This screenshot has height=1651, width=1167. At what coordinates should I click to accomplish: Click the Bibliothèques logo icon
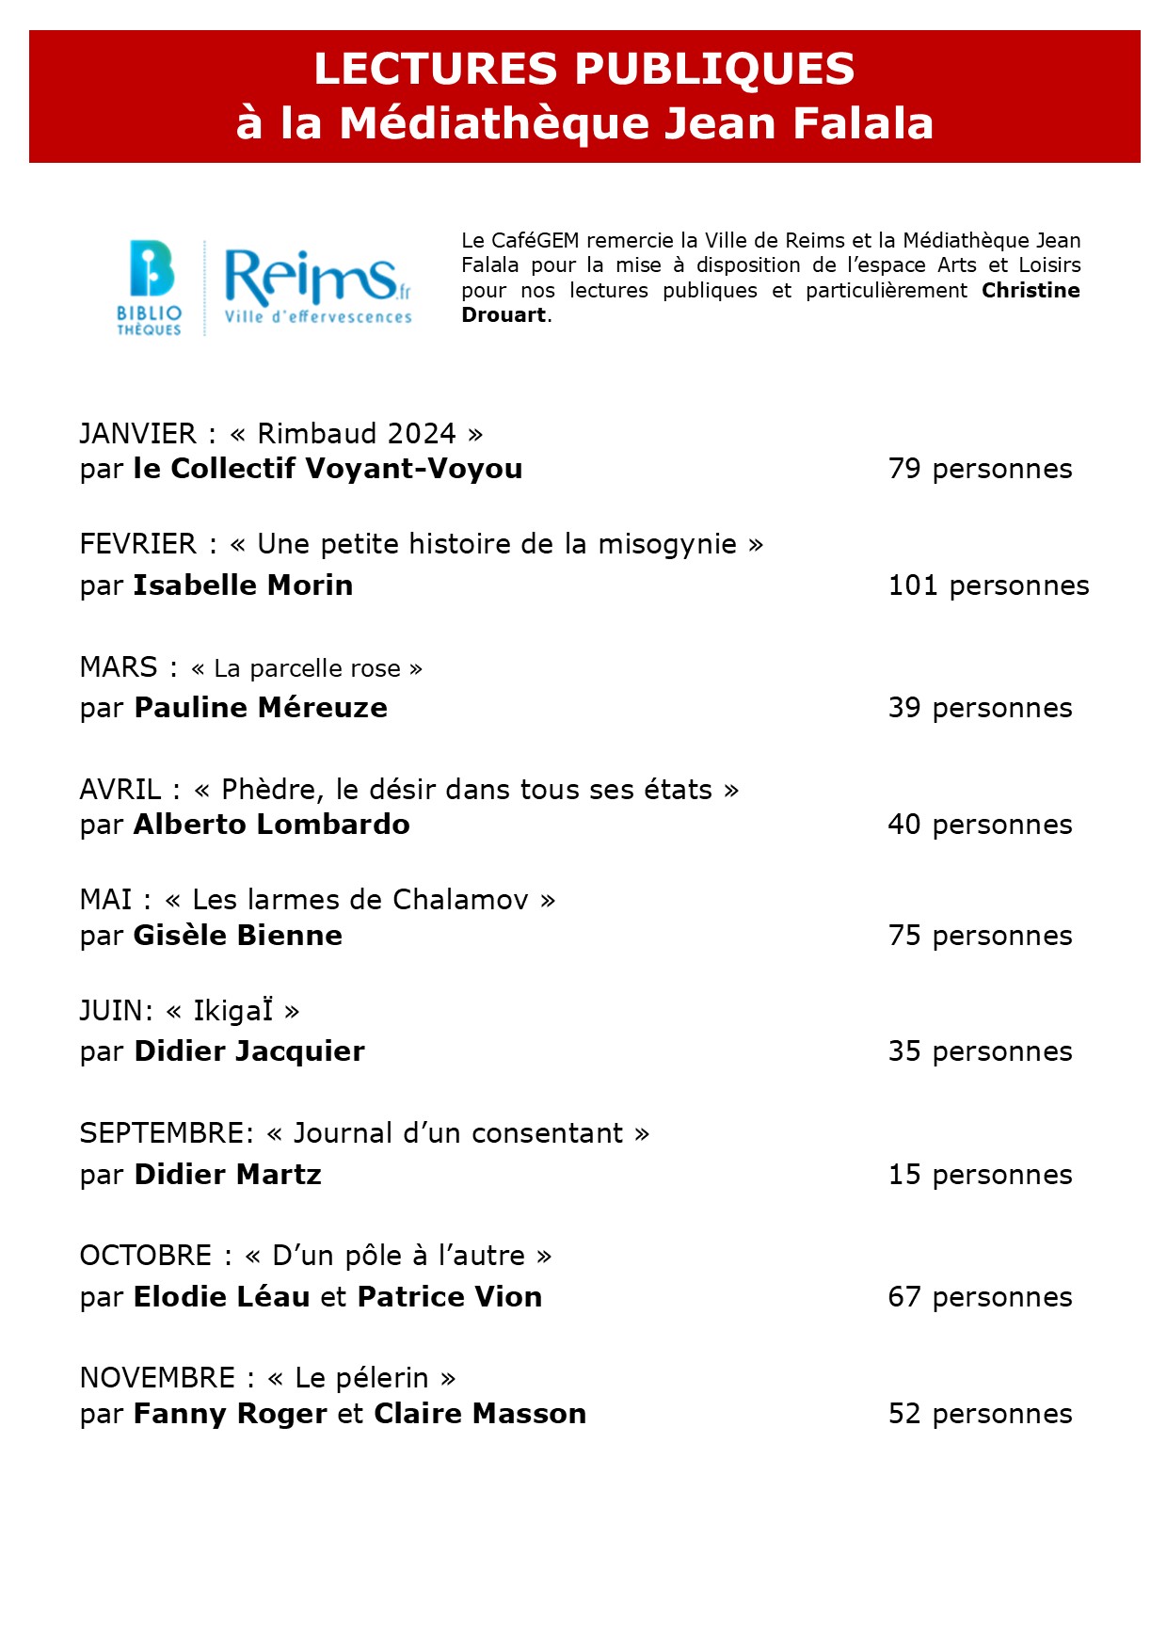[150, 288]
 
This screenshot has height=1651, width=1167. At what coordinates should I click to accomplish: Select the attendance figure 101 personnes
[988, 585]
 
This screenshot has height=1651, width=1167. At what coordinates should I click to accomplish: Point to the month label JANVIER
[138, 434]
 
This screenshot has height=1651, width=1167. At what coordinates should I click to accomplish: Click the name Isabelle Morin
[243, 585]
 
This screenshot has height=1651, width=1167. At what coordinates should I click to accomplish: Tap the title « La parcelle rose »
[307, 668]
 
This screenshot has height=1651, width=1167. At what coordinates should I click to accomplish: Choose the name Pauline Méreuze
[261, 708]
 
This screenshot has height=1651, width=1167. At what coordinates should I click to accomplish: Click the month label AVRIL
[120, 790]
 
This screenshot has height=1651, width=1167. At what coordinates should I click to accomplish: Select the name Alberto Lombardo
[272, 825]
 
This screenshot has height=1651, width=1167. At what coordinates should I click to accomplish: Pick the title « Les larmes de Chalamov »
[360, 900]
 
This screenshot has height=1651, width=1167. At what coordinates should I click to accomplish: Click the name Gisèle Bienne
[238, 936]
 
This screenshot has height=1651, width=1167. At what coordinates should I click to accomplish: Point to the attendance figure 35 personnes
[980, 1051]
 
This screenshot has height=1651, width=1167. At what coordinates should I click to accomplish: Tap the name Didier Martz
[228, 1175]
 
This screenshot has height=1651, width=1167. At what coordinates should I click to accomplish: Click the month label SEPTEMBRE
[166, 1133]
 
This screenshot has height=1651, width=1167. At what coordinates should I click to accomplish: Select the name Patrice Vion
[450, 1297]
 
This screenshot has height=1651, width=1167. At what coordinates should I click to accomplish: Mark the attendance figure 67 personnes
[980, 1297]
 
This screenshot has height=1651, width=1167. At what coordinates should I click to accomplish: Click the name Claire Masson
[480, 1414]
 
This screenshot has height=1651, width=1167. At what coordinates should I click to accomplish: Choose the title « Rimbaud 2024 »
[357, 434]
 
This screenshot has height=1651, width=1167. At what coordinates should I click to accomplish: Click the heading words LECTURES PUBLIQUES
[584, 69]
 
